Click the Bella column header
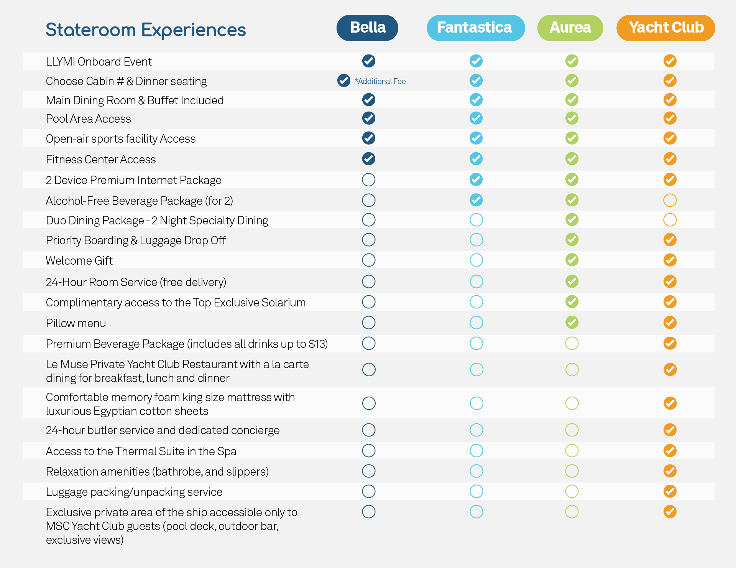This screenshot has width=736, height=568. pos(367,28)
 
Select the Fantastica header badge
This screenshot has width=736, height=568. pos(475,28)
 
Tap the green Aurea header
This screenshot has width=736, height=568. pos(570,28)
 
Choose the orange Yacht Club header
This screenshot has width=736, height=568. pos(666,28)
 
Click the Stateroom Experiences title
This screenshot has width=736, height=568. pos(146,30)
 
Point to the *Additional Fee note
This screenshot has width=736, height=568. pos(380,81)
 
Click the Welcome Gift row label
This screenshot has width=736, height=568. pos(79,261)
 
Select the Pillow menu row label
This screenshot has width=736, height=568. pos(76,323)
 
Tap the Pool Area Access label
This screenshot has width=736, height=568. pos(89,119)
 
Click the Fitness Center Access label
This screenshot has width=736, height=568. pos(101,160)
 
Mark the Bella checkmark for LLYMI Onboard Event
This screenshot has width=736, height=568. pos(369,61)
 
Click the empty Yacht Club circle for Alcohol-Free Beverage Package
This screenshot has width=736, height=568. pos(670,200)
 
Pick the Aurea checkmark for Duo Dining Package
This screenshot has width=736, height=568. pos(572,220)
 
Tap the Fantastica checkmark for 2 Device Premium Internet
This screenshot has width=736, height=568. pos(476,179)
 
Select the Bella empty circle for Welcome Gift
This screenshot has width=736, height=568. pos(369,260)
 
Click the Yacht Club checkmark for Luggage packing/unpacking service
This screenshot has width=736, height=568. pos(670,491)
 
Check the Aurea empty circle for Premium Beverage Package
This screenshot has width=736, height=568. pos(572,343)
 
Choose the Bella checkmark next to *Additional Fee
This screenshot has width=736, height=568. pos(344,81)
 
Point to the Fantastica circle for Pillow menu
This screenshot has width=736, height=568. pos(476,323)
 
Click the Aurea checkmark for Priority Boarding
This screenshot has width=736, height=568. pos(572,240)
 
